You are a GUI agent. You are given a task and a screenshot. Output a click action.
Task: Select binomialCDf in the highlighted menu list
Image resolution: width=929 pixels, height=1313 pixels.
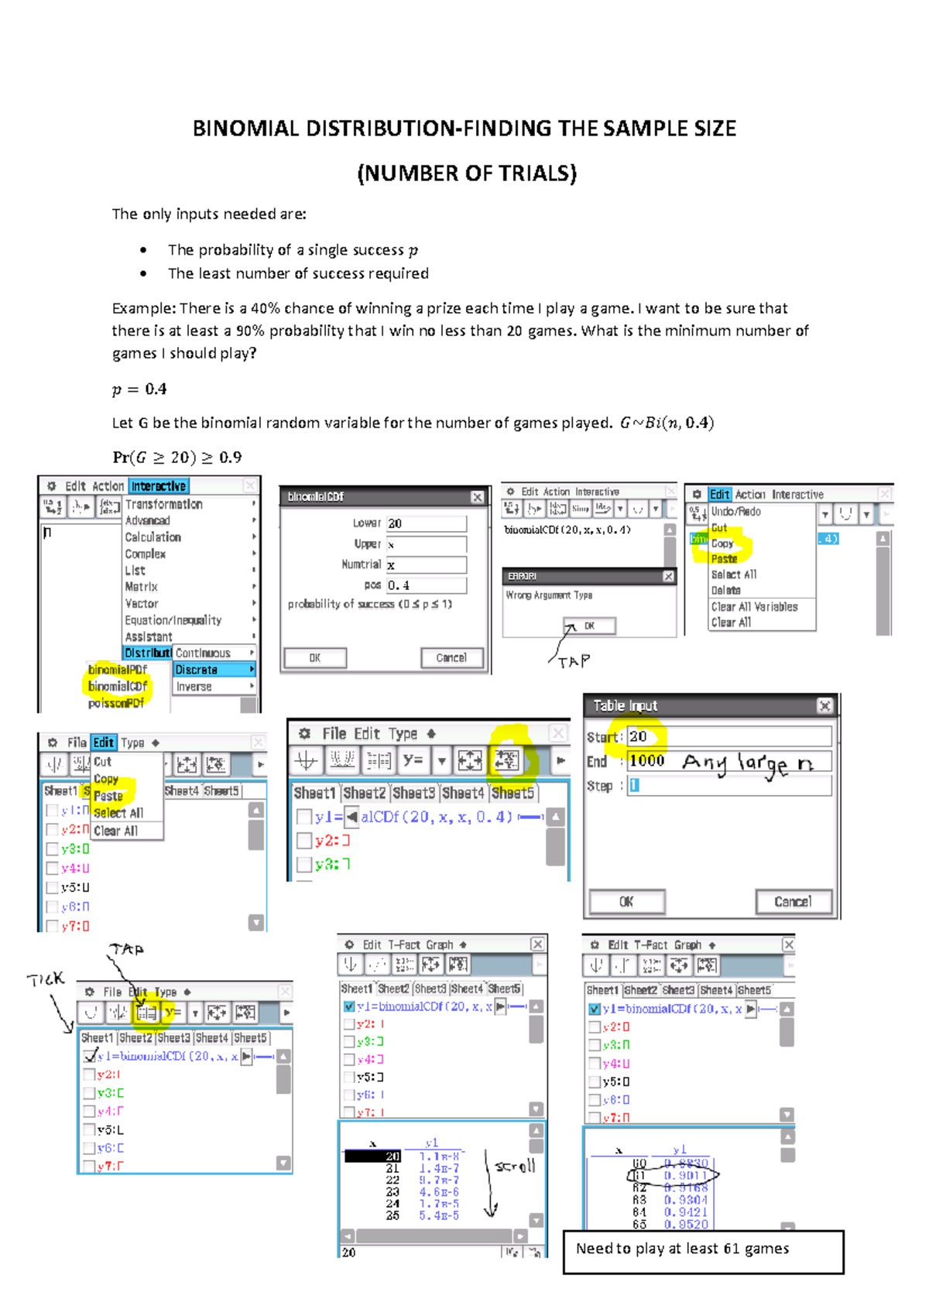coord(118,687)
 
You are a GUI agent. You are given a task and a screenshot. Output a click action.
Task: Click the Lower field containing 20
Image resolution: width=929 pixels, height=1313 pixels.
coord(427,523)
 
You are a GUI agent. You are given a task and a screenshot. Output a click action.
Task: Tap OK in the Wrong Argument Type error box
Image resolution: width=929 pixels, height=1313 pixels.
coord(590,626)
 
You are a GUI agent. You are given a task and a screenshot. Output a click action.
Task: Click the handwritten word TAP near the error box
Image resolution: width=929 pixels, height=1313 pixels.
coord(574,662)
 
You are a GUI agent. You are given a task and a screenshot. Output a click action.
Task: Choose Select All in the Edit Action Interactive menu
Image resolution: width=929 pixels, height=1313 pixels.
coord(734,574)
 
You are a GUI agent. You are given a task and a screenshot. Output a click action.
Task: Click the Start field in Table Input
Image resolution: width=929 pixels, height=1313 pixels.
coord(728,736)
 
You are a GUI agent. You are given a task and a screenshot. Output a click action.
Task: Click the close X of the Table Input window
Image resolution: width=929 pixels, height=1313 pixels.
coord(824,705)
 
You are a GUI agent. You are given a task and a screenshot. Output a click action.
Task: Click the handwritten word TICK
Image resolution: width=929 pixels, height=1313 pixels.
coord(46,980)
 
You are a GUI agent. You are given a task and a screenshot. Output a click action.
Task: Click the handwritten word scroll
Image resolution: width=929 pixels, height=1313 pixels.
coord(515,1166)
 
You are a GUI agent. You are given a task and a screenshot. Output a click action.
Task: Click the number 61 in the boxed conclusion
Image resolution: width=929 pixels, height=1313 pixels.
coord(732,1249)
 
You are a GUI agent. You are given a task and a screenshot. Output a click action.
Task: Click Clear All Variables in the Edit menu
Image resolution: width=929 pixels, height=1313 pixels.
coord(754,607)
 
